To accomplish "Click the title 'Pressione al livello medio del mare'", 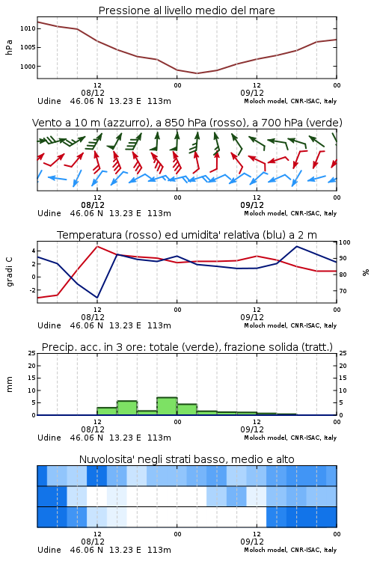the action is (x=186, y=10).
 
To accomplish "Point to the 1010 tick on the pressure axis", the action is (x=28, y=28).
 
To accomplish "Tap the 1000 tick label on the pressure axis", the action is (x=28, y=67).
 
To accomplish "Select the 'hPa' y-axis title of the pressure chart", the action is (x=9, y=47).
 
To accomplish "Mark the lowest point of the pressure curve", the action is (x=197, y=73).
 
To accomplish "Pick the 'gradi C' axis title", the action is (x=9, y=272).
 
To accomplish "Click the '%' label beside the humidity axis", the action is (x=366, y=272).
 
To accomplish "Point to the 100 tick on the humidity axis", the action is (x=345, y=242).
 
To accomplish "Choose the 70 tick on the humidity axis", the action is (x=343, y=291).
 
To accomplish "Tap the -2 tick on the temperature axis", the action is (x=32, y=290).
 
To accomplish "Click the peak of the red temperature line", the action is (x=97, y=246).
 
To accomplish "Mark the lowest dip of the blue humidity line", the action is (x=97, y=298).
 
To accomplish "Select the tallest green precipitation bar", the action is (x=167, y=406).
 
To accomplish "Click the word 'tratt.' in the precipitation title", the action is (x=319, y=347).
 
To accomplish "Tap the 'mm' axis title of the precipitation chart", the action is (x=9, y=384).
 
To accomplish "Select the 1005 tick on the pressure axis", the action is (x=28, y=48).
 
